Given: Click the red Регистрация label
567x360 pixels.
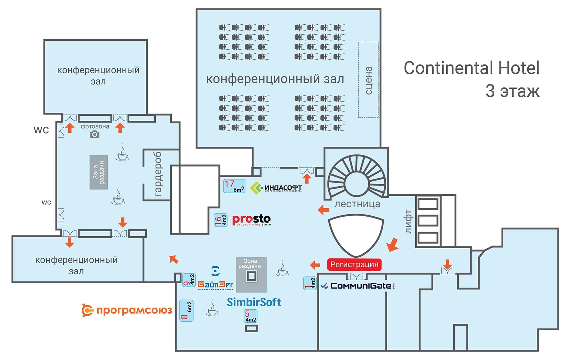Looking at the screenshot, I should pos(354,264).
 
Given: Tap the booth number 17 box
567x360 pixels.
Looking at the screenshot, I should pos(234,186).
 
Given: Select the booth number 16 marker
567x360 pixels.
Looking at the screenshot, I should pos(220,220).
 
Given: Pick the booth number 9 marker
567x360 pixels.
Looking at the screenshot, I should pos(189,280).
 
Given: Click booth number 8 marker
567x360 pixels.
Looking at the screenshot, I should pos(186,311).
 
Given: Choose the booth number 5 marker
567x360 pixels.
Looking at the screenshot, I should pos(250,316).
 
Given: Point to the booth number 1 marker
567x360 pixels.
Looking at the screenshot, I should pos(310,283).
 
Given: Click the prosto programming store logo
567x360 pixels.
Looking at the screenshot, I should pos(251,220).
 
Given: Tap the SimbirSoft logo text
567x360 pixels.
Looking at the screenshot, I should pos(254,302).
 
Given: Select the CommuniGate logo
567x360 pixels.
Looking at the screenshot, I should pos(358,286).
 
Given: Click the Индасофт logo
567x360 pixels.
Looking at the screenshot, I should pos(276,188).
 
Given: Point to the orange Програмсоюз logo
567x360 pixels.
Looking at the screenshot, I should pos(127,310).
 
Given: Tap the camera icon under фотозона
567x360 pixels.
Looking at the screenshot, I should pos(95,134).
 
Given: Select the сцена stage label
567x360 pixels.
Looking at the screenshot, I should pos(369,80).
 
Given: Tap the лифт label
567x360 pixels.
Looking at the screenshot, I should pos(408,222).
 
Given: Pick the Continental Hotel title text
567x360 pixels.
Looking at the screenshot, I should pos(471,68).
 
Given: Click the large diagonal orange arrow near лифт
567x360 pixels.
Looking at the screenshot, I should pos(393,245).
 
